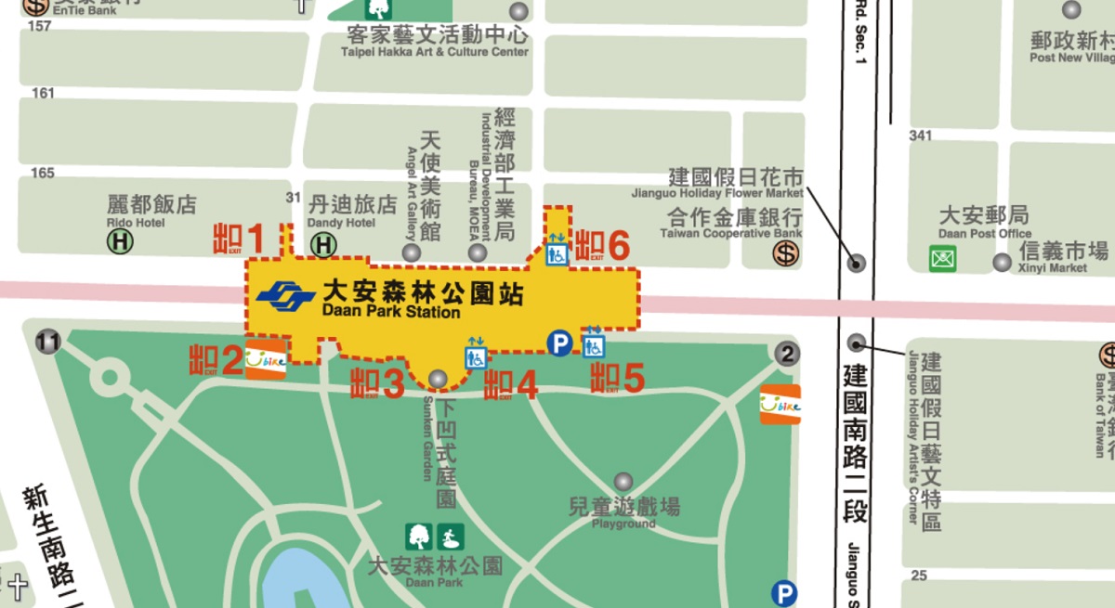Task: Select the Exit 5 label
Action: click(618, 378)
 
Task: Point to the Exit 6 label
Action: click(602, 246)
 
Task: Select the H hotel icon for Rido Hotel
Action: click(120, 241)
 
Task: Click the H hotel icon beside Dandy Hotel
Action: click(323, 245)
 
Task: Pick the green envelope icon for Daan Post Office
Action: click(943, 258)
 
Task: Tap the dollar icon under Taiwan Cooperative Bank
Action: click(786, 252)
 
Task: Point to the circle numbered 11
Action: click(46, 343)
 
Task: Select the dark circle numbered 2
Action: click(786, 353)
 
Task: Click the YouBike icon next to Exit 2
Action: click(266, 359)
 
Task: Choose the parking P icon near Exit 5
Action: click(558, 344)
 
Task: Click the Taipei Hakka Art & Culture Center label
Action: click(437, 42)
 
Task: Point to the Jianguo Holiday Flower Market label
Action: click(736, 181)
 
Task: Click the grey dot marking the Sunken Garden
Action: click(437, 379)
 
